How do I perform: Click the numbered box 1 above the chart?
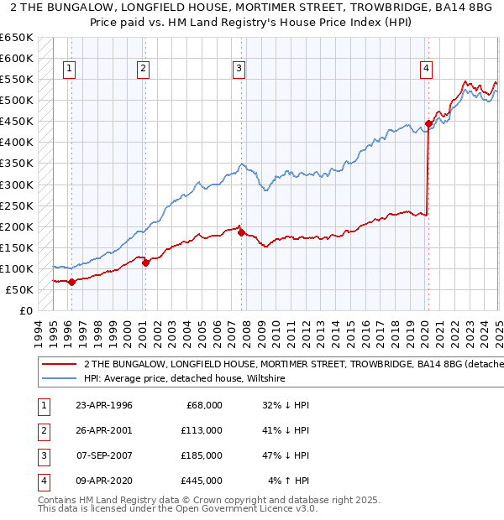click(x=68, y=69)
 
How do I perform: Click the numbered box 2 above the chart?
click(x=144, y=69)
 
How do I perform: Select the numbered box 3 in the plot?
click(x=239, y=69)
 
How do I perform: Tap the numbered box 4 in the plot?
click(x=427, y=69)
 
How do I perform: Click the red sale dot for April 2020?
click(x=428, y=123)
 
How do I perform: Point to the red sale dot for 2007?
click(x=241, y=232)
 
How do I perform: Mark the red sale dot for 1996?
click(x=71, y=282)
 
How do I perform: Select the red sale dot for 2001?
click(x=145, y=263)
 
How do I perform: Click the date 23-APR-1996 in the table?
click(x=104, y=405)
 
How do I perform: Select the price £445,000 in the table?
click(x=202, y=481)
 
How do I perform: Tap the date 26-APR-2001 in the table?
click(x=104, y=430)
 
